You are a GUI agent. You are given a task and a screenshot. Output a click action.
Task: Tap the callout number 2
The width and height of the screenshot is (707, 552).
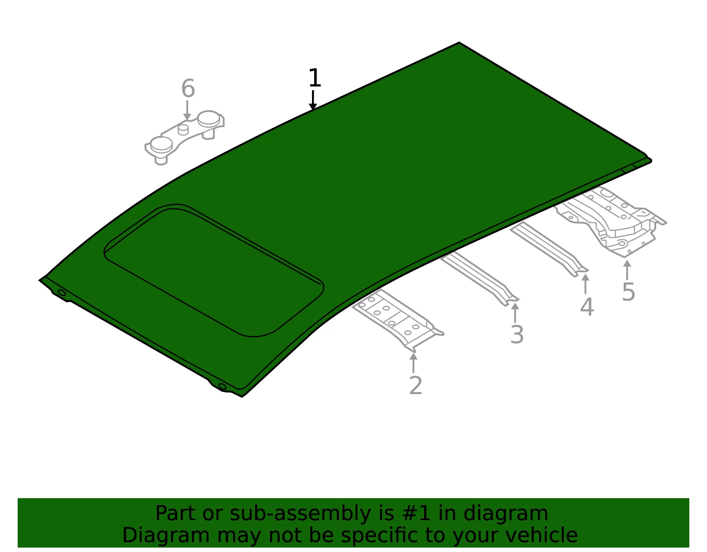(415, 385)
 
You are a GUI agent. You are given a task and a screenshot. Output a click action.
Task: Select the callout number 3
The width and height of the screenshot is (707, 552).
(517, 334)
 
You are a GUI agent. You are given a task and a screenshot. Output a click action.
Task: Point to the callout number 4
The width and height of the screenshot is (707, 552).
(587, 307)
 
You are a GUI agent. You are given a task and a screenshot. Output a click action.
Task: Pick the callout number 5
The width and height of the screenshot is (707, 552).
(628, 292)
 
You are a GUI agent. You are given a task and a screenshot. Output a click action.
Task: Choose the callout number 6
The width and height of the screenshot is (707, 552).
(188, 88)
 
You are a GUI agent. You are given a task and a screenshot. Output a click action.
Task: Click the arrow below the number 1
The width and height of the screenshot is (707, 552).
(313, 100)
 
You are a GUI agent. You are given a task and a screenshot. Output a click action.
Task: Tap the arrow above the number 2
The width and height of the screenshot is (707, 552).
(413, 363)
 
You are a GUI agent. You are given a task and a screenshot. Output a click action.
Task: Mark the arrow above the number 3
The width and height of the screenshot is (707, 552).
(515, 312)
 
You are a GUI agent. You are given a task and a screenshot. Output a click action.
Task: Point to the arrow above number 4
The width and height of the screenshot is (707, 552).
(585, 284)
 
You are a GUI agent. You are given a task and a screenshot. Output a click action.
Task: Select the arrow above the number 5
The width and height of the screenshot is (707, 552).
(627, 270)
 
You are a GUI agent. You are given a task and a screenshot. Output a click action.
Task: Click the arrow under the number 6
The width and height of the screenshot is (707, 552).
(187, 110)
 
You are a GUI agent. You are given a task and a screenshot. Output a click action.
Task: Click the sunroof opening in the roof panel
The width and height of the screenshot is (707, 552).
(214, 270)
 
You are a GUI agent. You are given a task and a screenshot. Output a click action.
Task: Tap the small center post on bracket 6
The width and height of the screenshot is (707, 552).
(183, 129)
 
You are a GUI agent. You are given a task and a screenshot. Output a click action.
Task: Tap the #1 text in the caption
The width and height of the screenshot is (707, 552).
(416, 513)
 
